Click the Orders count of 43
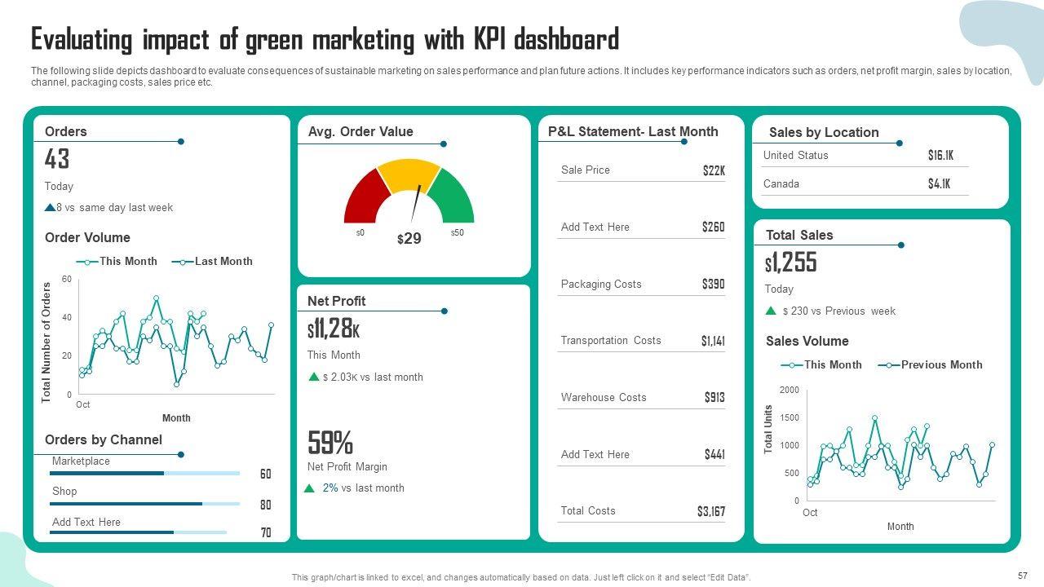pos(57,159)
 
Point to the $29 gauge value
pos(409,239)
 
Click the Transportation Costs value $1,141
pos(713,341)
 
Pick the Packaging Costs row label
pos(601,284)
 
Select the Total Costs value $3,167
pos(710,511)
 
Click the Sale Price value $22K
pos(714,170)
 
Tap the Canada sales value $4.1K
pos(939,184)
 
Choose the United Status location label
pos(795,155)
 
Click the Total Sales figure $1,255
pos(790,263)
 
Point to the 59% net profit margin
pos(330,443)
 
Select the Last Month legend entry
pos(223,261)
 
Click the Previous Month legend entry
pos(940,364)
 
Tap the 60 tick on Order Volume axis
pos(67,279)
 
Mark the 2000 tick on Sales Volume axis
pos(790,390)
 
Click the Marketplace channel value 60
pos(266,474)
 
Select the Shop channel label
pos(64,491)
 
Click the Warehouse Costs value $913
pos(714,398)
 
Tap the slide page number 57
pos(1023,576)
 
